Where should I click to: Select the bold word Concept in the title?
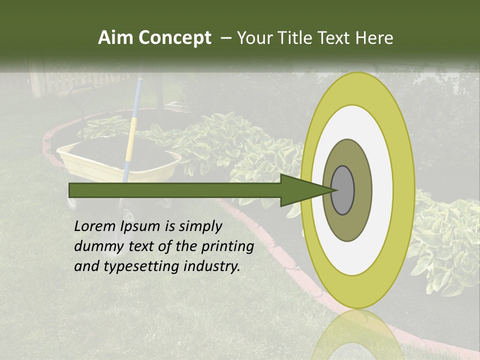click(174, 38)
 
